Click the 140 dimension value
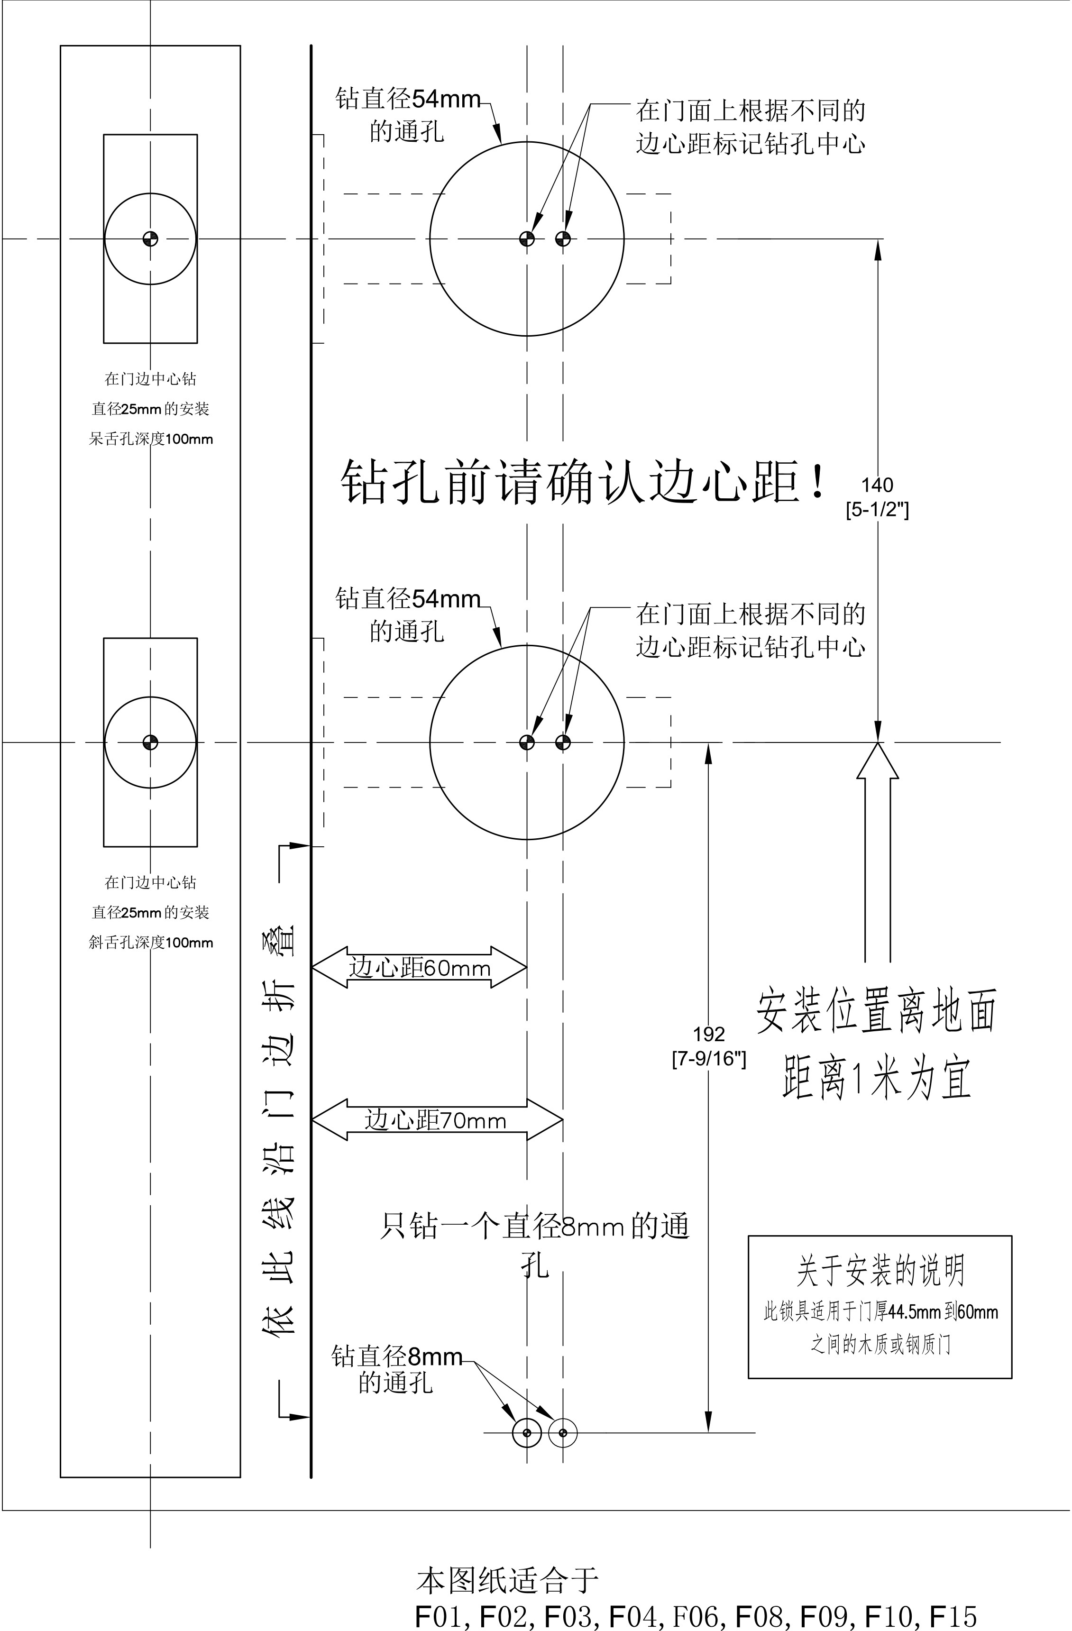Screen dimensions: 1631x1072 coord(877,485)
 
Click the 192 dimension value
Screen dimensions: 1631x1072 coord(708,1034)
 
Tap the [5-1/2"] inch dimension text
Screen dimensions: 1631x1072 coord(877,510)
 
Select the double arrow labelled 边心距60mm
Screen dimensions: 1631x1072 coord(419,968)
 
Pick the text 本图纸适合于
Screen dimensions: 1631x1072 coord(508,1577)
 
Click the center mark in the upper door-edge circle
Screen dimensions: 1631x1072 coord(150,238)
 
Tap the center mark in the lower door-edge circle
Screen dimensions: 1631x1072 coord(150,742)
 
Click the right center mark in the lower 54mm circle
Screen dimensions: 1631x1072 coord(563,742)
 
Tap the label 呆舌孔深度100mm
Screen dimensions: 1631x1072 coord(151,439)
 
